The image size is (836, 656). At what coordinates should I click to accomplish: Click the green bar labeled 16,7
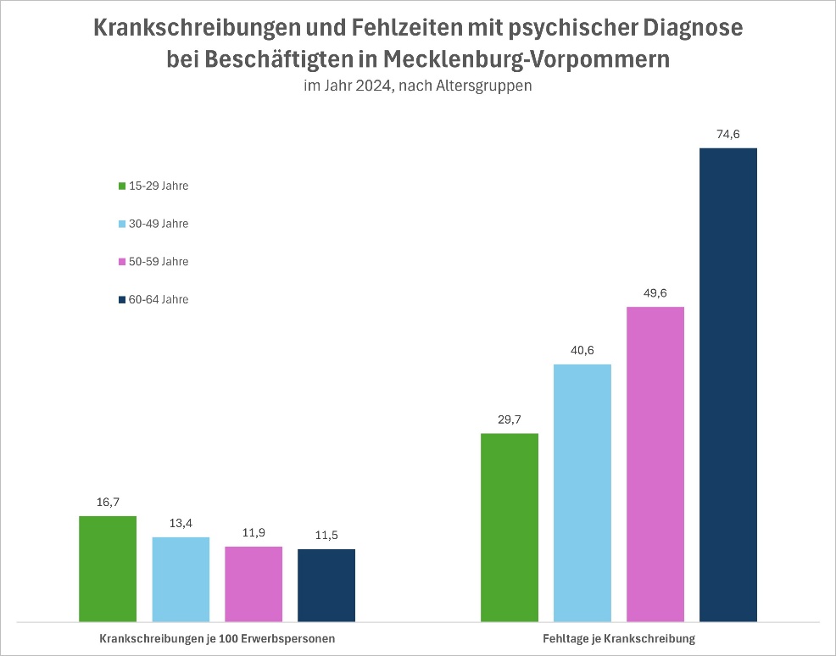point(108,568)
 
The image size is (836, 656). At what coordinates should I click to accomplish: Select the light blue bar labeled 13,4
point(181,579)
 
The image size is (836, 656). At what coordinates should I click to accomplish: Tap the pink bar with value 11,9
point(254,583)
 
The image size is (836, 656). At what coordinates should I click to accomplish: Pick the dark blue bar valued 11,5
point(326,585)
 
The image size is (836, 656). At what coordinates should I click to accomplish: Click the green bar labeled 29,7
point(510,526)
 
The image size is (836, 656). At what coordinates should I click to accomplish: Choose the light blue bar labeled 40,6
point(582,492)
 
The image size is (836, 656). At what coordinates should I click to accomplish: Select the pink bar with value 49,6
point(655,463)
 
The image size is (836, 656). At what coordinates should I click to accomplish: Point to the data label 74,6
point(728,134)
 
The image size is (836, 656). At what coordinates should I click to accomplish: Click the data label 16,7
point(108,502)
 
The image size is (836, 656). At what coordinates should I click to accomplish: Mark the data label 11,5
point(326,535)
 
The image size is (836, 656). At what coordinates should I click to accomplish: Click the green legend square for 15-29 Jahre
point(122,186)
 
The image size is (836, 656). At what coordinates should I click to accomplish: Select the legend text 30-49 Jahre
point(159,224)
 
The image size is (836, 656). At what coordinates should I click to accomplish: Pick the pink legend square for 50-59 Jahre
point(122,262)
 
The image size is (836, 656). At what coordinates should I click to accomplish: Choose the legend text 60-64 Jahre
point(159,299)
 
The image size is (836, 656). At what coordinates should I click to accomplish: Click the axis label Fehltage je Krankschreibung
point(618,639)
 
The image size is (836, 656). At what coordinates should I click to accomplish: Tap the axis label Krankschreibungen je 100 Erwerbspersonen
point(217,639)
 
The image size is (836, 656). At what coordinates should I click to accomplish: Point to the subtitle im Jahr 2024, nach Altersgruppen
point(417,86)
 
